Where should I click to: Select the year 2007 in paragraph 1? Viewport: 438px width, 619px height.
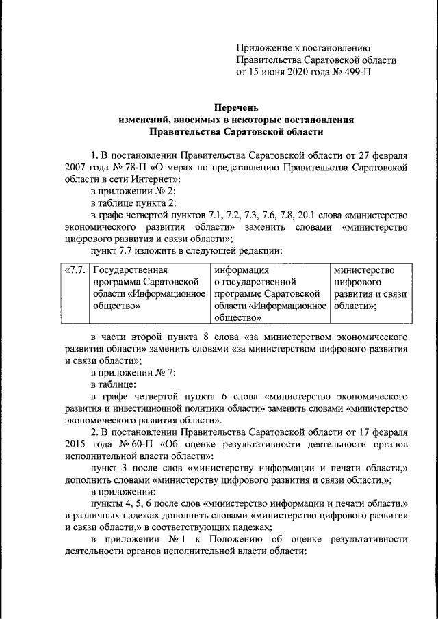click(x=79, y=167)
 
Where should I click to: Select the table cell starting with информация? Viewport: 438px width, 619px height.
click(x=268, y=294)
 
